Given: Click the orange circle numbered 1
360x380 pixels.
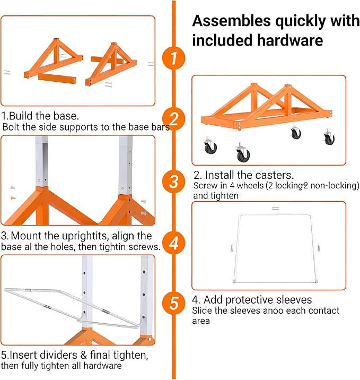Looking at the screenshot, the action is coord(173,58).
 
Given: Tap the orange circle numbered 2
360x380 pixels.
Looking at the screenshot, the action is coord(173,119).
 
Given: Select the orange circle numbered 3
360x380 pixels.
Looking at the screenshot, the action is coord(173,182).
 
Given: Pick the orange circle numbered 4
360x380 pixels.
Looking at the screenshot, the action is coord(173,243).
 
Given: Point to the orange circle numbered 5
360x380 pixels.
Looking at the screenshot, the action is coord(173,303).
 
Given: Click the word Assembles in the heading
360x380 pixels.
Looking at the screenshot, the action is coord(232,21).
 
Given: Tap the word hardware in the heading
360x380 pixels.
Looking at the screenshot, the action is coord(290,40).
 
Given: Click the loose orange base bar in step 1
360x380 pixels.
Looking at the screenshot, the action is coord(57,79).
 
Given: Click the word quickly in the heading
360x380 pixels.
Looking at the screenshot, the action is coord(301,21).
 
